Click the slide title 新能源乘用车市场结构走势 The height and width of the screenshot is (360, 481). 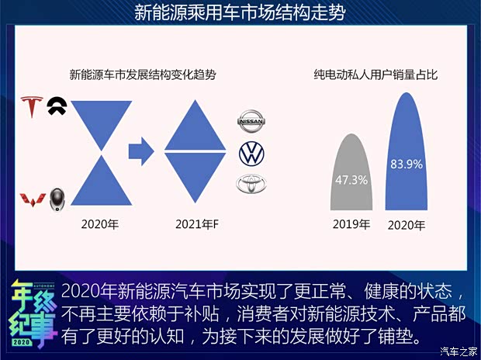click(x=240, y=13)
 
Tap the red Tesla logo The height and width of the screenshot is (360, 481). click(x=33, y=107)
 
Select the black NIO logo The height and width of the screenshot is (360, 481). click(x=57, y=106)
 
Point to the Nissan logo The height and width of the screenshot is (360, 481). click(x=251, y=122)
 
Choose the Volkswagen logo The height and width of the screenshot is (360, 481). click(x=251, y=153)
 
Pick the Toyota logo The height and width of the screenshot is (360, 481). click(x=251, y=184)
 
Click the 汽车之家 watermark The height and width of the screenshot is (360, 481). click(x=456, y=351)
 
